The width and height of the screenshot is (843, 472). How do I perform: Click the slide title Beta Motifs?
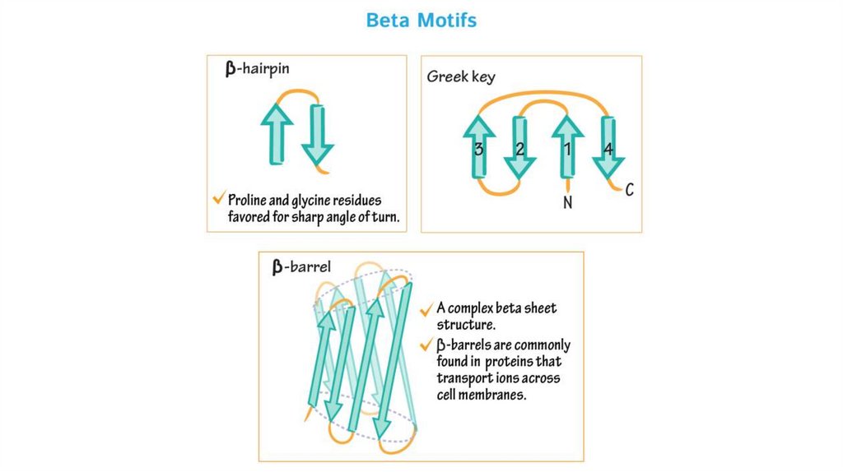pos(421,20)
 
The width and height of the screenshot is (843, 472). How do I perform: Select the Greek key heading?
pos(461,76)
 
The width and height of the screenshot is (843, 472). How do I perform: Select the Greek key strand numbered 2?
pos(519,148)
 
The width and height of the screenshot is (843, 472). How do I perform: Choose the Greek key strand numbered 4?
pos(608,148)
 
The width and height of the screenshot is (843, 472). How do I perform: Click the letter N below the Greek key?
pos(567,201)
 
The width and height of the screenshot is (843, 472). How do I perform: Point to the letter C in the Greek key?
pos(629,191)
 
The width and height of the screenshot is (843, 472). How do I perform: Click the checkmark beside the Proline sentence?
pos(218,198)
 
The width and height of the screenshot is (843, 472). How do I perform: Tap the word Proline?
pos(250,200)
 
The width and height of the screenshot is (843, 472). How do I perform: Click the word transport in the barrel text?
pos(467,377)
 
